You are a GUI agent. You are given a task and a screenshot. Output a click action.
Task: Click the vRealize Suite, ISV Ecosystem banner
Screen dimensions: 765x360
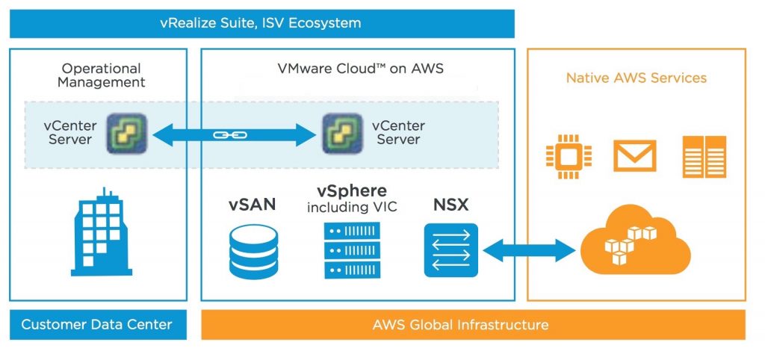pos(262,23)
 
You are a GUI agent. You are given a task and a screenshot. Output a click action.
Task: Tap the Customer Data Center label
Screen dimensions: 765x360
pos(97,324)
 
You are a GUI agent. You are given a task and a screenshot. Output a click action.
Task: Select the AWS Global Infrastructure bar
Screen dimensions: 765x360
pos(473,324)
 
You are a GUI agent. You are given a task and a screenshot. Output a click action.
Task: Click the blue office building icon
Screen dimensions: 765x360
pos(102,232)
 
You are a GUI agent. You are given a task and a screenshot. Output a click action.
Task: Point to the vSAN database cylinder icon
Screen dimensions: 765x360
pos(253,251)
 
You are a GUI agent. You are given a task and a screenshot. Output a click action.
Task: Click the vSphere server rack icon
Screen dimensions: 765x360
pos(353,249)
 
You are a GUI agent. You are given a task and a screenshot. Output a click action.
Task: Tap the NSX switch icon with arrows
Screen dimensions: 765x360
pos(450,250)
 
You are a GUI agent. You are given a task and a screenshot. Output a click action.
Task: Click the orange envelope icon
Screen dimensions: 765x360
pos(634,155)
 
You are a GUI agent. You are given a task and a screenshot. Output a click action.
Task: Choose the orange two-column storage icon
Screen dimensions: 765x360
pos(704,157)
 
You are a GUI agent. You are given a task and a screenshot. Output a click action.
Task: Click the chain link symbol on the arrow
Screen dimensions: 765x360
pos(230,135)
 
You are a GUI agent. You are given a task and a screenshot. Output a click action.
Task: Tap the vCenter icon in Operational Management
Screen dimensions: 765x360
pos(127,134)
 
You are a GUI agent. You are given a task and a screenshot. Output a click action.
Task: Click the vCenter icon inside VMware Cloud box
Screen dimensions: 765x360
pos(342,134)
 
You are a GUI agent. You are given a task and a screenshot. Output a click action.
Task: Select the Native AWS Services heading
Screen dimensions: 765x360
pos(637,78)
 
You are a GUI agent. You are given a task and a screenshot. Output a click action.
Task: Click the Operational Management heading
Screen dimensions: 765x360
pos(102,75)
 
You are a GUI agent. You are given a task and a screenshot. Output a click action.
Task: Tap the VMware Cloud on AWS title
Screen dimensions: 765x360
pos(361,68)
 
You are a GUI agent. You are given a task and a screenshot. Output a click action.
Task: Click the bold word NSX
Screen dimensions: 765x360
pos(450,205)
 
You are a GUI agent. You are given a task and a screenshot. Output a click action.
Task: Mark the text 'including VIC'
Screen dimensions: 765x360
pos(352,208)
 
